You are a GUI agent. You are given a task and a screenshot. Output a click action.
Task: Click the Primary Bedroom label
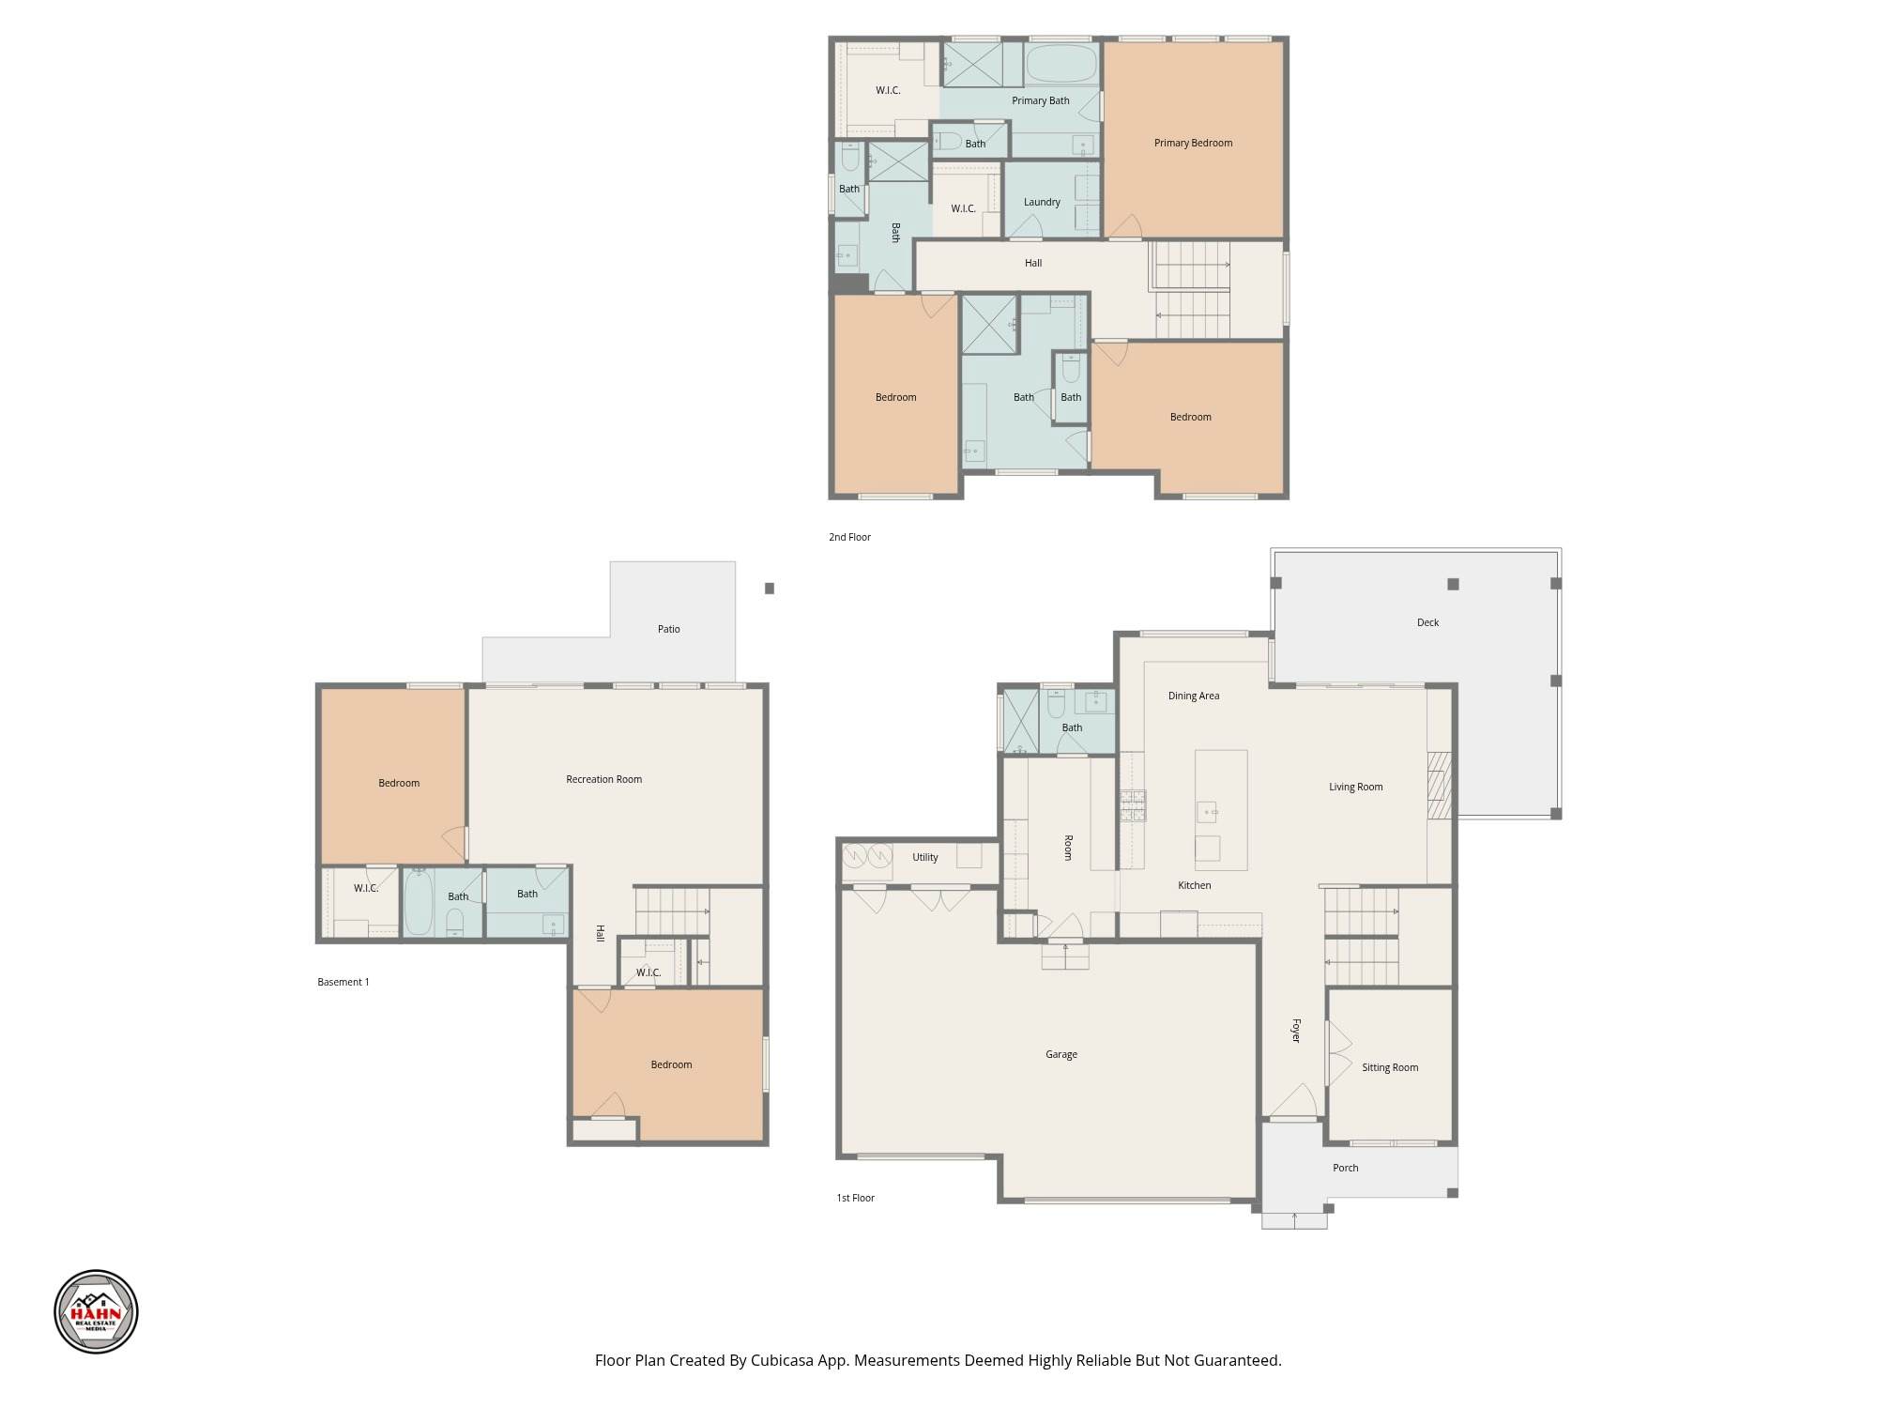click(x=1193, y=143)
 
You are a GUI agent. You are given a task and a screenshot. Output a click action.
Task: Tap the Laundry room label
click(x=1042, y=202)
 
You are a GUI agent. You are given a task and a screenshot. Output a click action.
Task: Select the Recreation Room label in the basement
click(x=603, y=779)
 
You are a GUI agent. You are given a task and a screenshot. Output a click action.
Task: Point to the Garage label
click(x=1061, y=1054)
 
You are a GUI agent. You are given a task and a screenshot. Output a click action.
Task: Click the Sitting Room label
click(x=1390, y=1067)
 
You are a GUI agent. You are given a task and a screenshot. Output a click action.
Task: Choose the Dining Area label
click(x=1194, y=696)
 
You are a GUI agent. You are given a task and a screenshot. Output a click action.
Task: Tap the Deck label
click(x=1427, y=622)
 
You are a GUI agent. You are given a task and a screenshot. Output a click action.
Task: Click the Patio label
click(x=668, y=629)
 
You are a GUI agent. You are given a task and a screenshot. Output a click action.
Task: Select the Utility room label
click(x=924, y=857)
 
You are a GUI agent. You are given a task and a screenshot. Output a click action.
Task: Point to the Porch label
click(x=1345, y=1168)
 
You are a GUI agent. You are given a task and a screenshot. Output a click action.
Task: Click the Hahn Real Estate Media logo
click(x=96, y=1311)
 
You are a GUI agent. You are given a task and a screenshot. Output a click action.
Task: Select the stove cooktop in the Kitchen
click(x=1133, y=806)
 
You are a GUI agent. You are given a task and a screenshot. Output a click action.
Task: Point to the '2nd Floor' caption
click(x=849, y=537)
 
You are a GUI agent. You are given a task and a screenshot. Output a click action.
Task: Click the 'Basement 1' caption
click(x=343, y=982)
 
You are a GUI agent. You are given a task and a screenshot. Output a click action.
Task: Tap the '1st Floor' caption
click(x=855, y=1198)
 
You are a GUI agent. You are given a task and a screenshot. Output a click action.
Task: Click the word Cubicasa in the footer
click(x=783, y=1360)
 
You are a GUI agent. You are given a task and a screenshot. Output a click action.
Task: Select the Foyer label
click(x=1296, y=1031)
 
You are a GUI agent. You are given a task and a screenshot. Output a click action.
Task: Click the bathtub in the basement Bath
click(x=419, y=902)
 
